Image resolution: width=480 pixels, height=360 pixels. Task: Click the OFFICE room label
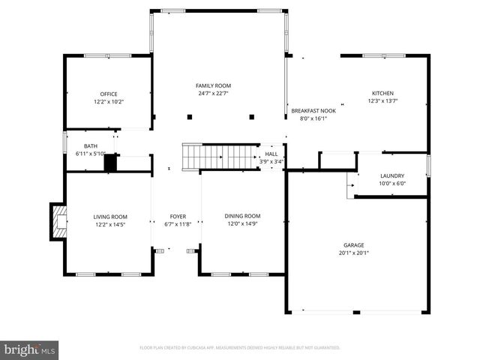(109, 94)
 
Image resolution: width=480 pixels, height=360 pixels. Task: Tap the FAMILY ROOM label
(213, 86)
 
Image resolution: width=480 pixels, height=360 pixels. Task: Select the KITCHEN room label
(382, 93)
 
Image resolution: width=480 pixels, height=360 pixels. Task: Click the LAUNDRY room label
(391, 175)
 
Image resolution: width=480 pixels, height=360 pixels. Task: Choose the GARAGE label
(355, 244)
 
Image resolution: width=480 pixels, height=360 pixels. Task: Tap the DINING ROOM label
(242, 216)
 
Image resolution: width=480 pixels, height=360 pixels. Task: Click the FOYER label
(178, 216)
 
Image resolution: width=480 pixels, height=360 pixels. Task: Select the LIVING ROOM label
(109, 216)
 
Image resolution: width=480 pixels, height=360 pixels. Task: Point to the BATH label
(90, 146)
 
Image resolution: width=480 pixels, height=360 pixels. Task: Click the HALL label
(271, 154)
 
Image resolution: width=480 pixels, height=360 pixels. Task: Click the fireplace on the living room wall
(58, 221)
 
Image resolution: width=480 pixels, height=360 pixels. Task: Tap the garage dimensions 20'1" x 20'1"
(355, 253)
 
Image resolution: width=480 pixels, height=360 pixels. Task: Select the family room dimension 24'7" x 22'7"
(213, 94)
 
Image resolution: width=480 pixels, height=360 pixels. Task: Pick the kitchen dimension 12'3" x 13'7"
(382, 101)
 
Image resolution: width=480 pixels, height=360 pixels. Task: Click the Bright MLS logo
(30, 349)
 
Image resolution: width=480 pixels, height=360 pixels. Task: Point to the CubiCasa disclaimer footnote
(240, 348)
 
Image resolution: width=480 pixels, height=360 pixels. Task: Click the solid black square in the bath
(110, 163)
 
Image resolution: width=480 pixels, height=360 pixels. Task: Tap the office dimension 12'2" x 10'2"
(109, 102)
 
